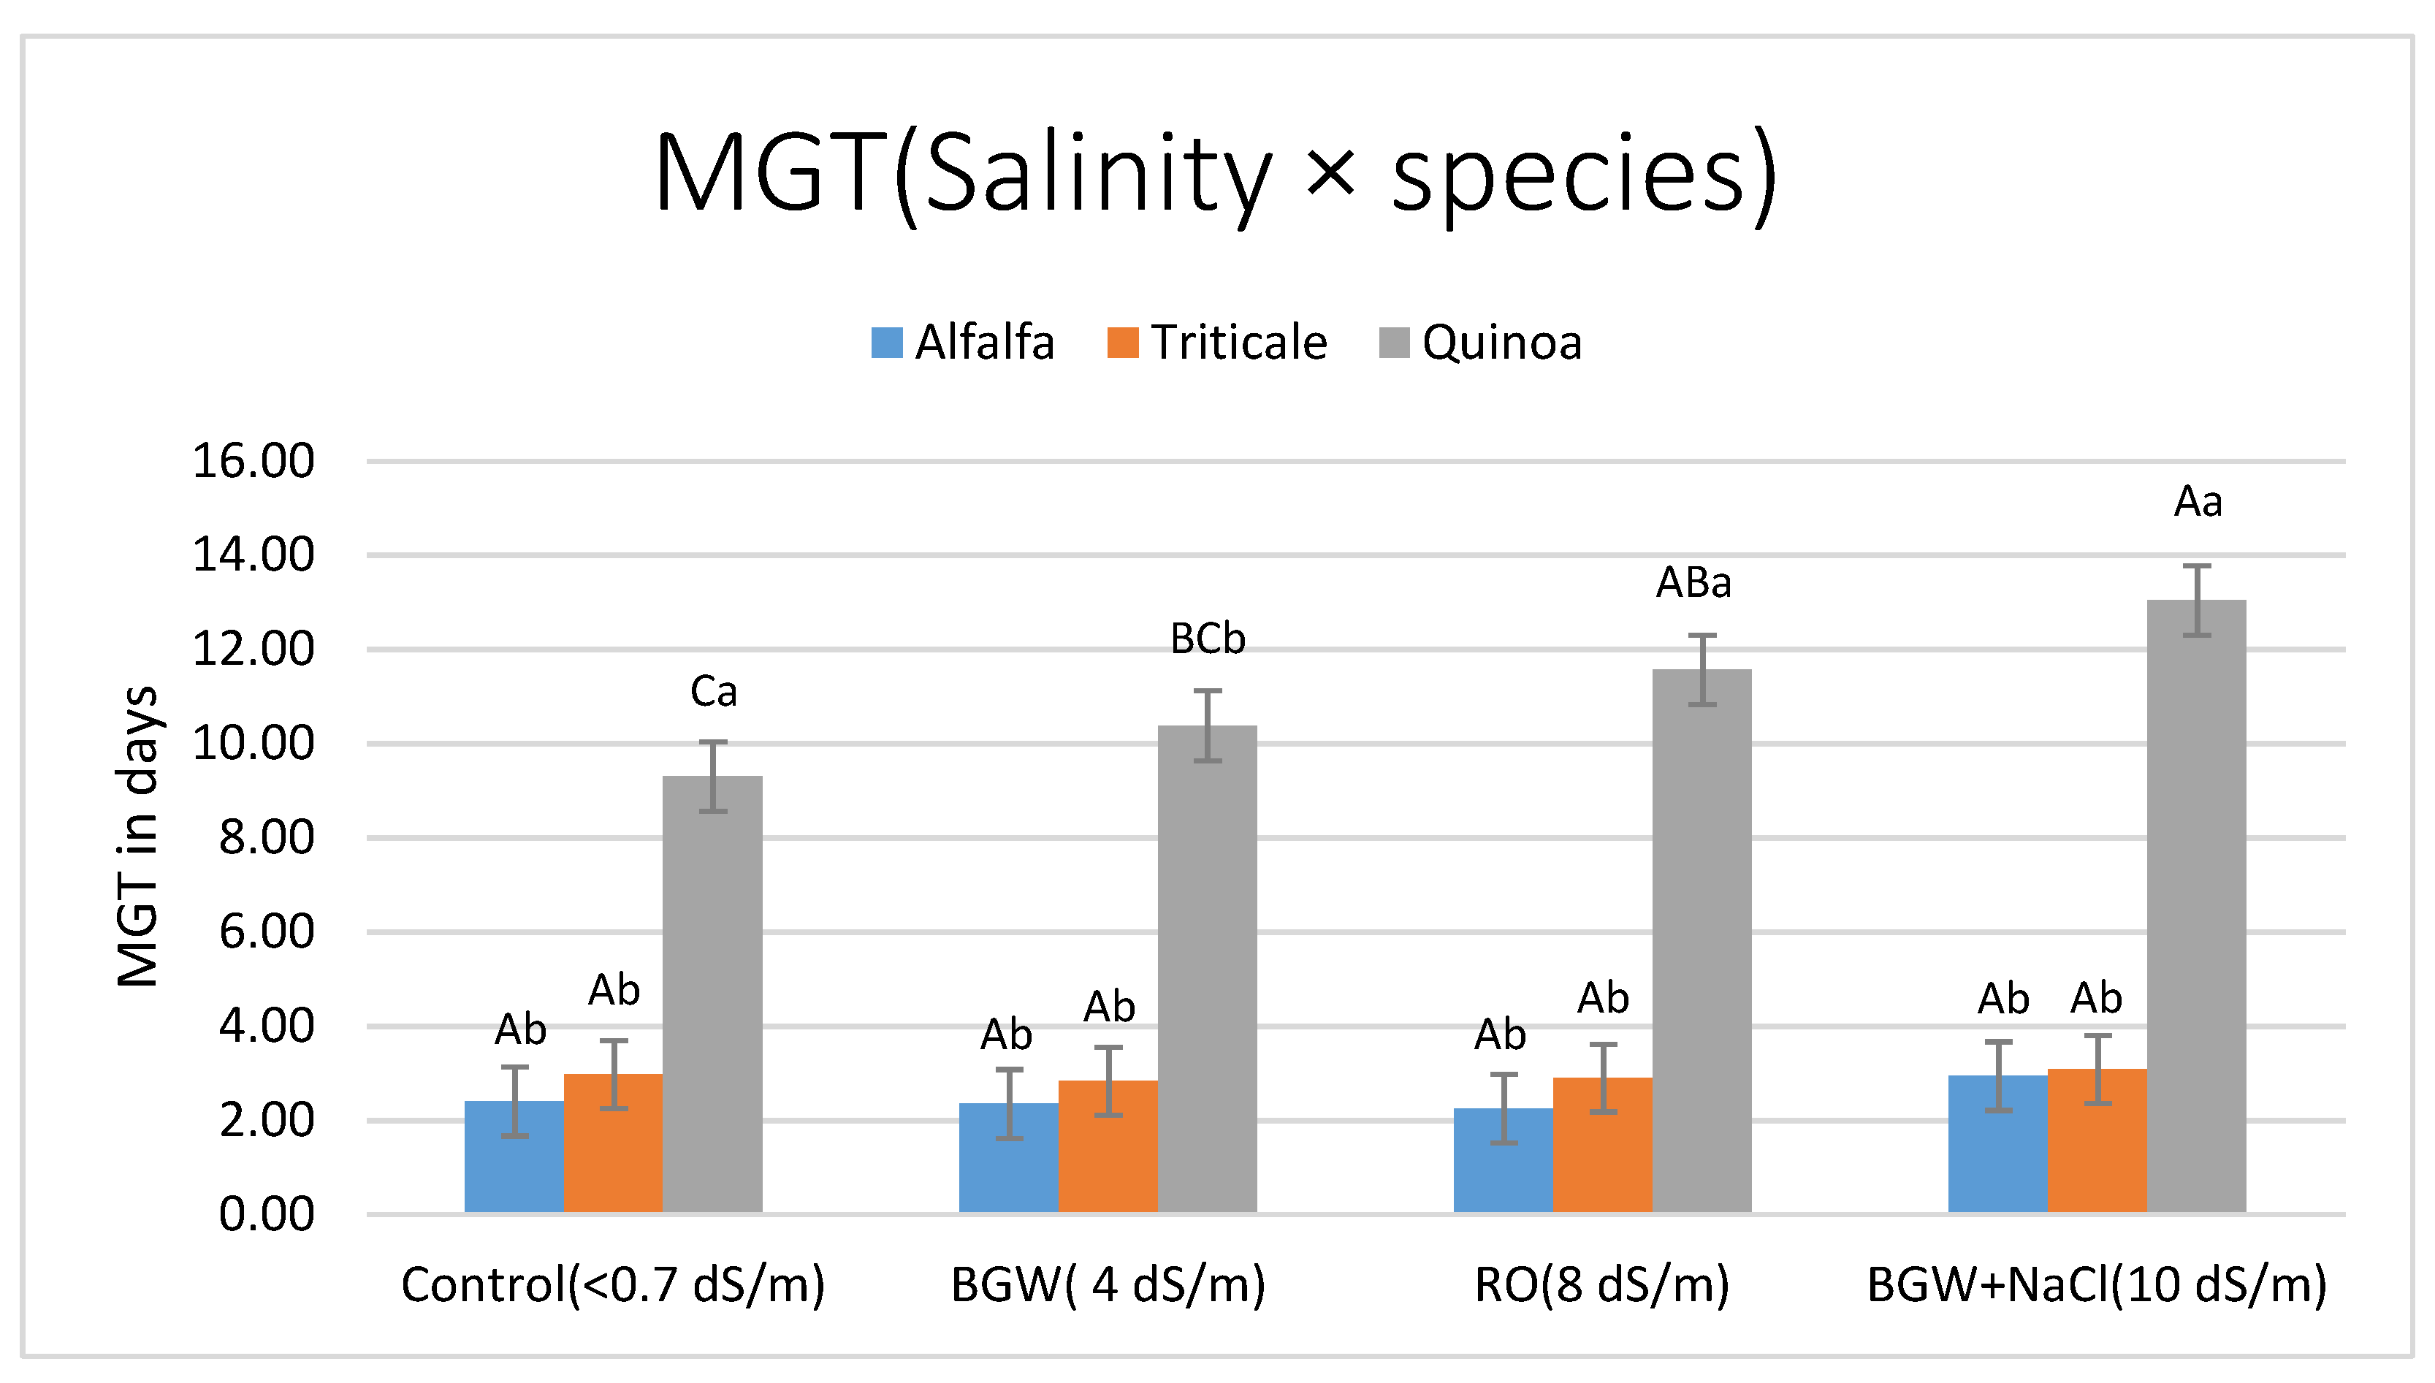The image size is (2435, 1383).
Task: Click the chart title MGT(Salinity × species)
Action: click(1216, 176)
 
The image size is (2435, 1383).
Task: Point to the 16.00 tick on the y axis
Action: click(253, 462)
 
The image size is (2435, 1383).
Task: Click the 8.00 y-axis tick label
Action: click(266, 838)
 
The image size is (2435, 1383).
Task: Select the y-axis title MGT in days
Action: click(137, 836)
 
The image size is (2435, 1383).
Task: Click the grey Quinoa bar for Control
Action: click(712, 997)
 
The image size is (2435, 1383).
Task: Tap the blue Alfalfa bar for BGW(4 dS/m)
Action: click(1009, 1159)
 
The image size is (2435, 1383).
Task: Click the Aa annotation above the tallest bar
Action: click(2198, 501)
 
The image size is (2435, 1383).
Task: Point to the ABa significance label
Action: click(1693, 583)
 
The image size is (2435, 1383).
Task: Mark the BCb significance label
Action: click(1207, 639)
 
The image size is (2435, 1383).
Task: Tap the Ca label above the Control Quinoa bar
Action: click(713, 691)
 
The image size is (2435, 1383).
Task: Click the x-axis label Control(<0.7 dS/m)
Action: click(612, 1285)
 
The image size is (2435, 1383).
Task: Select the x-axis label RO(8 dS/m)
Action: click(1601, 1285)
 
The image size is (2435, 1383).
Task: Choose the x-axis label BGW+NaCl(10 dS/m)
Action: click(2097, 1285)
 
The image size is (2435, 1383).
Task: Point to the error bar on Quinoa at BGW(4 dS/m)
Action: click(1207, 725)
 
